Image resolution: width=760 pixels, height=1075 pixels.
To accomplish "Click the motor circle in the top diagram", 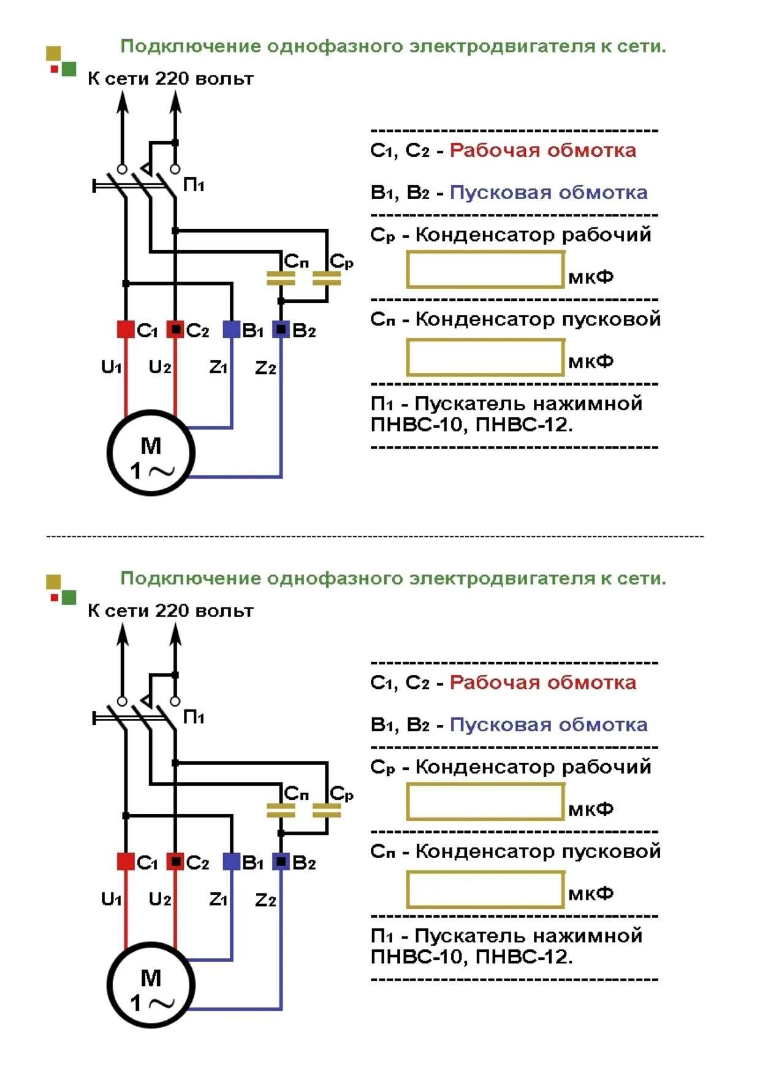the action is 151,452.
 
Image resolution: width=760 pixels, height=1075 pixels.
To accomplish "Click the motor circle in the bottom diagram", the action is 151,984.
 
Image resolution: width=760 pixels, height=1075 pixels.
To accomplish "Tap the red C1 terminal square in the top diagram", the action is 126,329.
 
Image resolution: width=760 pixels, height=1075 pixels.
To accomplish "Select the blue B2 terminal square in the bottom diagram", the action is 281,861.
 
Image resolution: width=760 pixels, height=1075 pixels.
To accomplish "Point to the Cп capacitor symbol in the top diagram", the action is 281,278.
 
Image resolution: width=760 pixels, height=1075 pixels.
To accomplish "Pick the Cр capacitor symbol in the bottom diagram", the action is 327,810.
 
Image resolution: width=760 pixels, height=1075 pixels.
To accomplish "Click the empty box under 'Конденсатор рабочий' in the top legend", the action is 485,270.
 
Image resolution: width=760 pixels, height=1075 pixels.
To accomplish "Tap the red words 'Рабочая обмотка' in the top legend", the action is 543,150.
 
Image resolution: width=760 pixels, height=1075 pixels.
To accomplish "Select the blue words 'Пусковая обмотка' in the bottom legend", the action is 549,724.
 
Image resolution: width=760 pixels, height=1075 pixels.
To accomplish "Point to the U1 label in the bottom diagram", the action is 112,899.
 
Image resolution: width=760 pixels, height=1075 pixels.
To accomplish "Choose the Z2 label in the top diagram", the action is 265,368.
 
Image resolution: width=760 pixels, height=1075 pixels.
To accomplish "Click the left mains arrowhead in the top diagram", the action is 123,101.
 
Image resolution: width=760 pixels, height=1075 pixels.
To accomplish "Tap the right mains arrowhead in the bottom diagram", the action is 175,633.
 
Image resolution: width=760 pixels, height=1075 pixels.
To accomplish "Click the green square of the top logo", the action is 69,69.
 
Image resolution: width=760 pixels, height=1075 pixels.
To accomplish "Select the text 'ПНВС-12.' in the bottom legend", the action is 524,956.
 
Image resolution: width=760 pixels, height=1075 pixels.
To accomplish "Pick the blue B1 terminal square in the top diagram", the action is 231,329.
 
